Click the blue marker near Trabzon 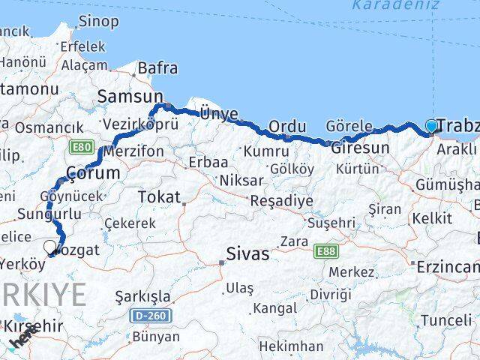point(431,127)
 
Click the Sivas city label point(247,254)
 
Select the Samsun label point(130,96)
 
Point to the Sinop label point(98,21)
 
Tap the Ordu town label point(286,127)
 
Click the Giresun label point(360,148)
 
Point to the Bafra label point(157,69)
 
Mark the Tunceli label point(446,320)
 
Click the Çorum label point(93,172)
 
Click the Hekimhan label point(291,346)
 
